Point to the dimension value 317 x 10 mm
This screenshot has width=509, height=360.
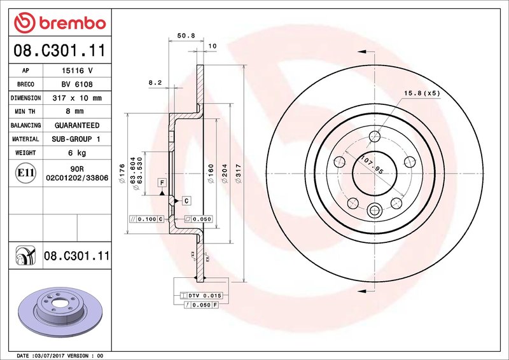point(77,99)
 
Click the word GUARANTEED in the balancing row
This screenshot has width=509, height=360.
point(77,125)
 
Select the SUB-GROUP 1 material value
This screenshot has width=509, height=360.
point(77,139)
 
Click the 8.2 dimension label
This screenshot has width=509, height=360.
point(155,83)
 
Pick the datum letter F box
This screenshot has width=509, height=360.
point(162,183)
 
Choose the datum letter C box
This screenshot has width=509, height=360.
point(186,201)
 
